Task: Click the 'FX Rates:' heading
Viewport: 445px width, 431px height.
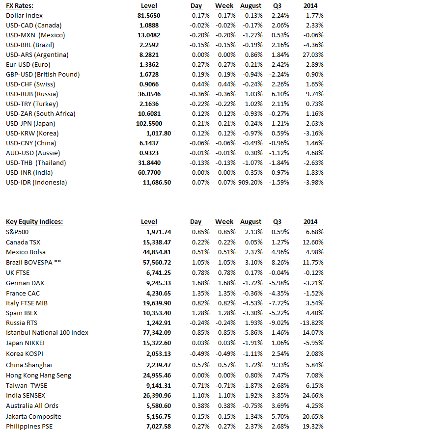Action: [20, 6]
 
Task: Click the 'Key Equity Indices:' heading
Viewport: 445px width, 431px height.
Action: [34, 222]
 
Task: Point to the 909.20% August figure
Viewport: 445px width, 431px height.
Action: [250, 183]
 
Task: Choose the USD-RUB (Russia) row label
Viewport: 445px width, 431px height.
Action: [32, 94]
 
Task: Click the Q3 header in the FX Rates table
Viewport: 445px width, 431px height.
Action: [277, 6]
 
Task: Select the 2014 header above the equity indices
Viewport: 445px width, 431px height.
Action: [310, 222]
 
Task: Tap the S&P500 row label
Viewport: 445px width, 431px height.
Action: [18, 232]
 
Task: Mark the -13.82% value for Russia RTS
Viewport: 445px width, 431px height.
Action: [311, 323]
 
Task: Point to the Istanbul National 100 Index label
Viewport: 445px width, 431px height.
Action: [47, 333]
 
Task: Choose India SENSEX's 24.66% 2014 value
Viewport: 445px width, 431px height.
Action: [313, 395]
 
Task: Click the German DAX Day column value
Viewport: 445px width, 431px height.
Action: [200, 283]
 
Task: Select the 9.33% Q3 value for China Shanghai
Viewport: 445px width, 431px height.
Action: [281, 365]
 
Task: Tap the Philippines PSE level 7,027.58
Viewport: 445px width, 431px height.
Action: [159, 427]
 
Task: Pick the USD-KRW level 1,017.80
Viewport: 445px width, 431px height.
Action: [159, 134]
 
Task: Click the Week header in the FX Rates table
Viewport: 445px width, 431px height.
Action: [224, 6]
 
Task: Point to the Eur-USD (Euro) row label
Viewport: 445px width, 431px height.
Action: [28, 65]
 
